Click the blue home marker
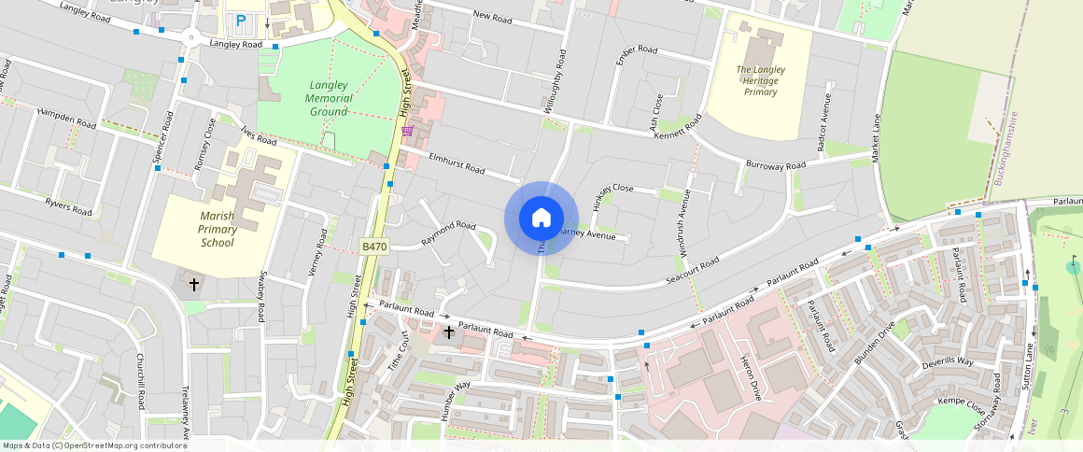[541, 219]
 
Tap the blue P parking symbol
[241, 20]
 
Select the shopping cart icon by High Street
[407, 132]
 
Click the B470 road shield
[373, 246]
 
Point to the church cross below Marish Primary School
[194, 283]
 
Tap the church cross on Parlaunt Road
[449, 332]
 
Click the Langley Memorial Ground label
[330, 98]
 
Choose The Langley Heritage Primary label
[761, 80]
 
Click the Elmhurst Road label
[457, 164]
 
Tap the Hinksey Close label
[612, 189]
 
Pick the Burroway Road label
[775, 165]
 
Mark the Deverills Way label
[948, 360]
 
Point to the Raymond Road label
[448, 232]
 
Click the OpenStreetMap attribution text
[94, 445]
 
